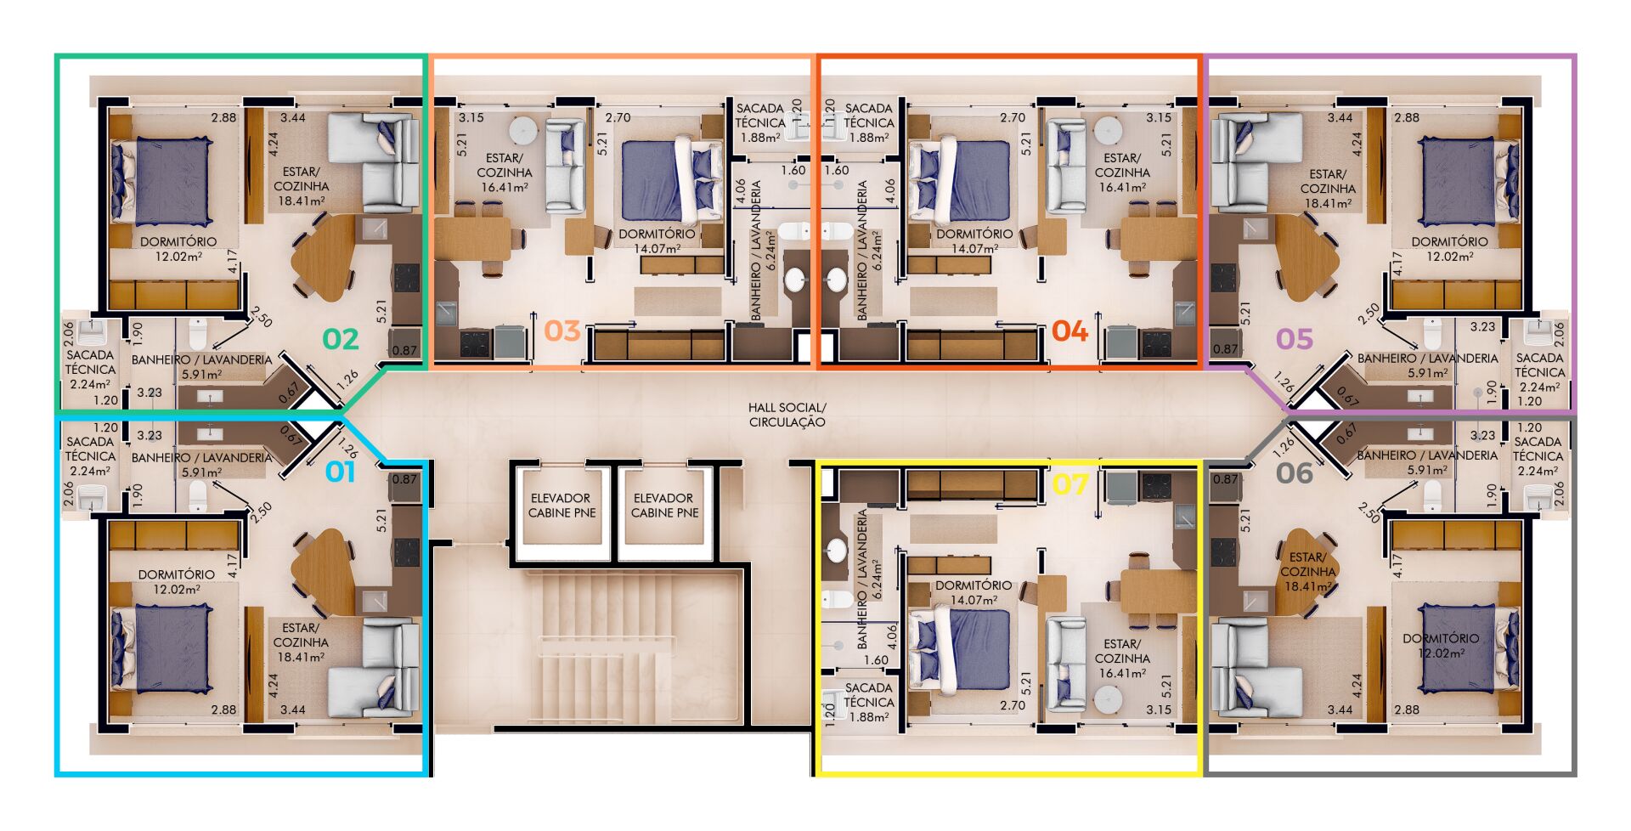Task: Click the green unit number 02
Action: coord(341,339)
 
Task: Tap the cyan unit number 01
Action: coord(341,472)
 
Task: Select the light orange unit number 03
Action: coord(562,331)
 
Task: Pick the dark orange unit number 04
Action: coord(1069,331)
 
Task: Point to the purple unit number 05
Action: coord(1295,339)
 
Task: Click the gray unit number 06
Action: coord(1295,472)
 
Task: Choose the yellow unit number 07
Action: coord(1069,483)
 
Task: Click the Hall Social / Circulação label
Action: coord(787,415)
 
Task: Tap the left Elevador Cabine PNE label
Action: coord(562,506)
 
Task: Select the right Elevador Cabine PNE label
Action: coord(664,506)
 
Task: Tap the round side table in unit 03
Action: coord(523,132)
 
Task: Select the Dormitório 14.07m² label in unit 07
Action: coord(974,592)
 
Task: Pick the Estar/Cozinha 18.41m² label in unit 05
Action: coord(1327,189)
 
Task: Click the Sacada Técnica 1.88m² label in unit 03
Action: coord(760,123)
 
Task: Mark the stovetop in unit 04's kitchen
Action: coord(1156,343)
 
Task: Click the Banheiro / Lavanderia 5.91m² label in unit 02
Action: coord(201,366)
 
